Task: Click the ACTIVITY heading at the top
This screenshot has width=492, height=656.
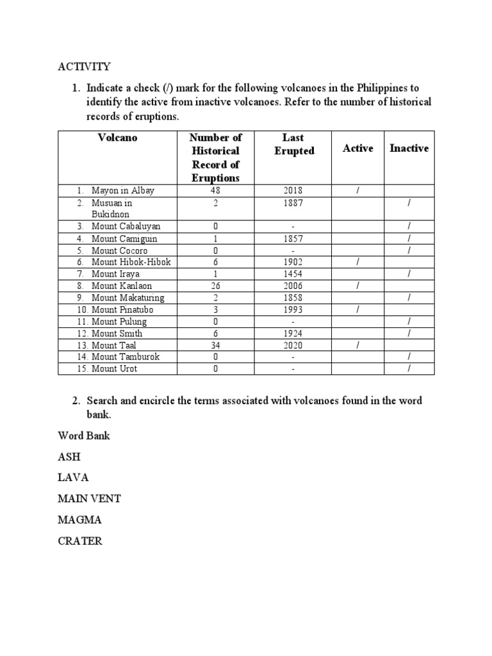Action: coord(84,67)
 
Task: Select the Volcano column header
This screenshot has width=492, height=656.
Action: coord(117,138)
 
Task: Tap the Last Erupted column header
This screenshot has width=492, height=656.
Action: coord(293,145)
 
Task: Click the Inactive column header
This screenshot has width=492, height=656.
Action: coord(409,148)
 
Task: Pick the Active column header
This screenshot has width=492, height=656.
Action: coord(357,148)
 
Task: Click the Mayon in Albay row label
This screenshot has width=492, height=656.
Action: coord(122,191)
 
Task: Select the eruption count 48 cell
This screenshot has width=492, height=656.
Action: coord(215,191)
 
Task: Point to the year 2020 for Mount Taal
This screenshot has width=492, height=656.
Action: coord(293,345)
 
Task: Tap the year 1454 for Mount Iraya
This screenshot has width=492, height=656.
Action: coord(293,274)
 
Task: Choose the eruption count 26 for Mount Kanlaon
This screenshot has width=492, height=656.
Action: coord(215,286)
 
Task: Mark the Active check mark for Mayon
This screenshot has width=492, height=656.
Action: coord(357,191)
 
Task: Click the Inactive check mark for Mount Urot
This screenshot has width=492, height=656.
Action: coord(409,369)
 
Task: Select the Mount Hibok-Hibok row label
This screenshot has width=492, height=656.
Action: coord(131,262)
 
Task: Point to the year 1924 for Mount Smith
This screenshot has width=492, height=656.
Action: coord(293,333)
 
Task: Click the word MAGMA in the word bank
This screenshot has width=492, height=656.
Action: coord(80,520)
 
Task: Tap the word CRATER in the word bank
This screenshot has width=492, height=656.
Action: coord(80,541)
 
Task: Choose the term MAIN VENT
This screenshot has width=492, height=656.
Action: coord(89,498)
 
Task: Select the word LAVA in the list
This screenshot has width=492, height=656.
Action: coord(73,477)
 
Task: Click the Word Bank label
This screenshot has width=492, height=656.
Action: coord(84,436)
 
